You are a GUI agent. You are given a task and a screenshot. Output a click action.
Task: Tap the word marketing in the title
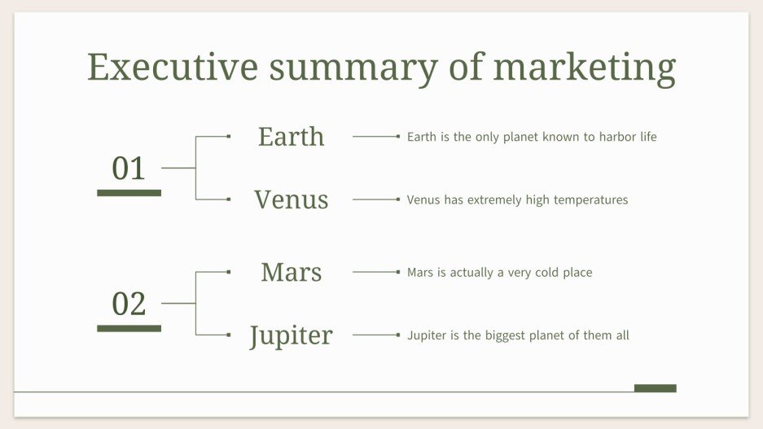pos(584,68)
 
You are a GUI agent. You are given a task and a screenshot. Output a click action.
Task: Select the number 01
pos(129,169)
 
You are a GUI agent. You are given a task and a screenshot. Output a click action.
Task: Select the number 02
pos(129,304)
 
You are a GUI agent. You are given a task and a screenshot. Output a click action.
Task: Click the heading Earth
pos(291,137)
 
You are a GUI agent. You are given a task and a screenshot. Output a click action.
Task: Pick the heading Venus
pos(291,199)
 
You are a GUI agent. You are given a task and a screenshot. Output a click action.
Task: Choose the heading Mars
pos(291,272)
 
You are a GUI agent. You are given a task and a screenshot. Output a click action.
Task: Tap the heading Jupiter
pos(291,335)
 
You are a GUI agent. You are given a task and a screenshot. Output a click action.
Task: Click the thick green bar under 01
pos(129,193)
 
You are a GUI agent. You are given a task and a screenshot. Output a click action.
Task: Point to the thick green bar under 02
pos(129,328)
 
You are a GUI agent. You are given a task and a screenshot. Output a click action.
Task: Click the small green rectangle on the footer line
pos(655,388)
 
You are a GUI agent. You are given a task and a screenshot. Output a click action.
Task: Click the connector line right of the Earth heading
pos(375,137)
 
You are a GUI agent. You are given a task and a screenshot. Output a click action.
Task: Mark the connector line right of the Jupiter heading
pos(375,335)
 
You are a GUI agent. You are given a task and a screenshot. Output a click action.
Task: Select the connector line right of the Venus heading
pos(375,199)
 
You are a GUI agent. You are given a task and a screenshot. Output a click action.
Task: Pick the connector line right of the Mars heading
pos(375,272)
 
